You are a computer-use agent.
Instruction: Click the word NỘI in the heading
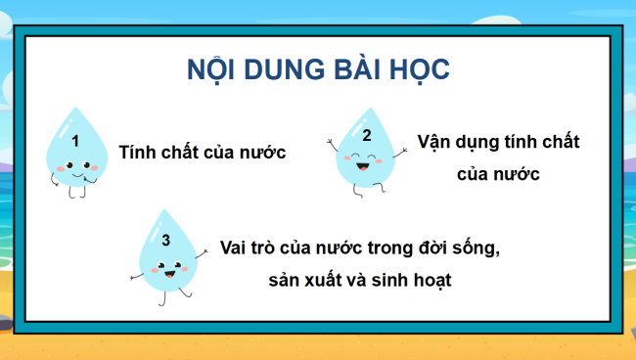pos(212,70)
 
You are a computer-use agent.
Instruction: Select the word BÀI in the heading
pos(365,70)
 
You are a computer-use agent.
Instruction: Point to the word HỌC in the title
pos(424,70)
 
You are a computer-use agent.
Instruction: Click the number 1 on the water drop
pos(75,141)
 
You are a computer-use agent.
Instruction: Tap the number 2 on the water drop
pos(367,136)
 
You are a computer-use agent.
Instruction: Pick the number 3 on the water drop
pos(165,240)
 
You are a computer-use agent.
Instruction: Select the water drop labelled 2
pos(366,152)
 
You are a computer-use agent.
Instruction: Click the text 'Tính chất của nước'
pos(202,153)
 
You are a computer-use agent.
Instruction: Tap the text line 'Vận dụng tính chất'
pos(498,142)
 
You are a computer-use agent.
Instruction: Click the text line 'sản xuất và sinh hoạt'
pos(363,279)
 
